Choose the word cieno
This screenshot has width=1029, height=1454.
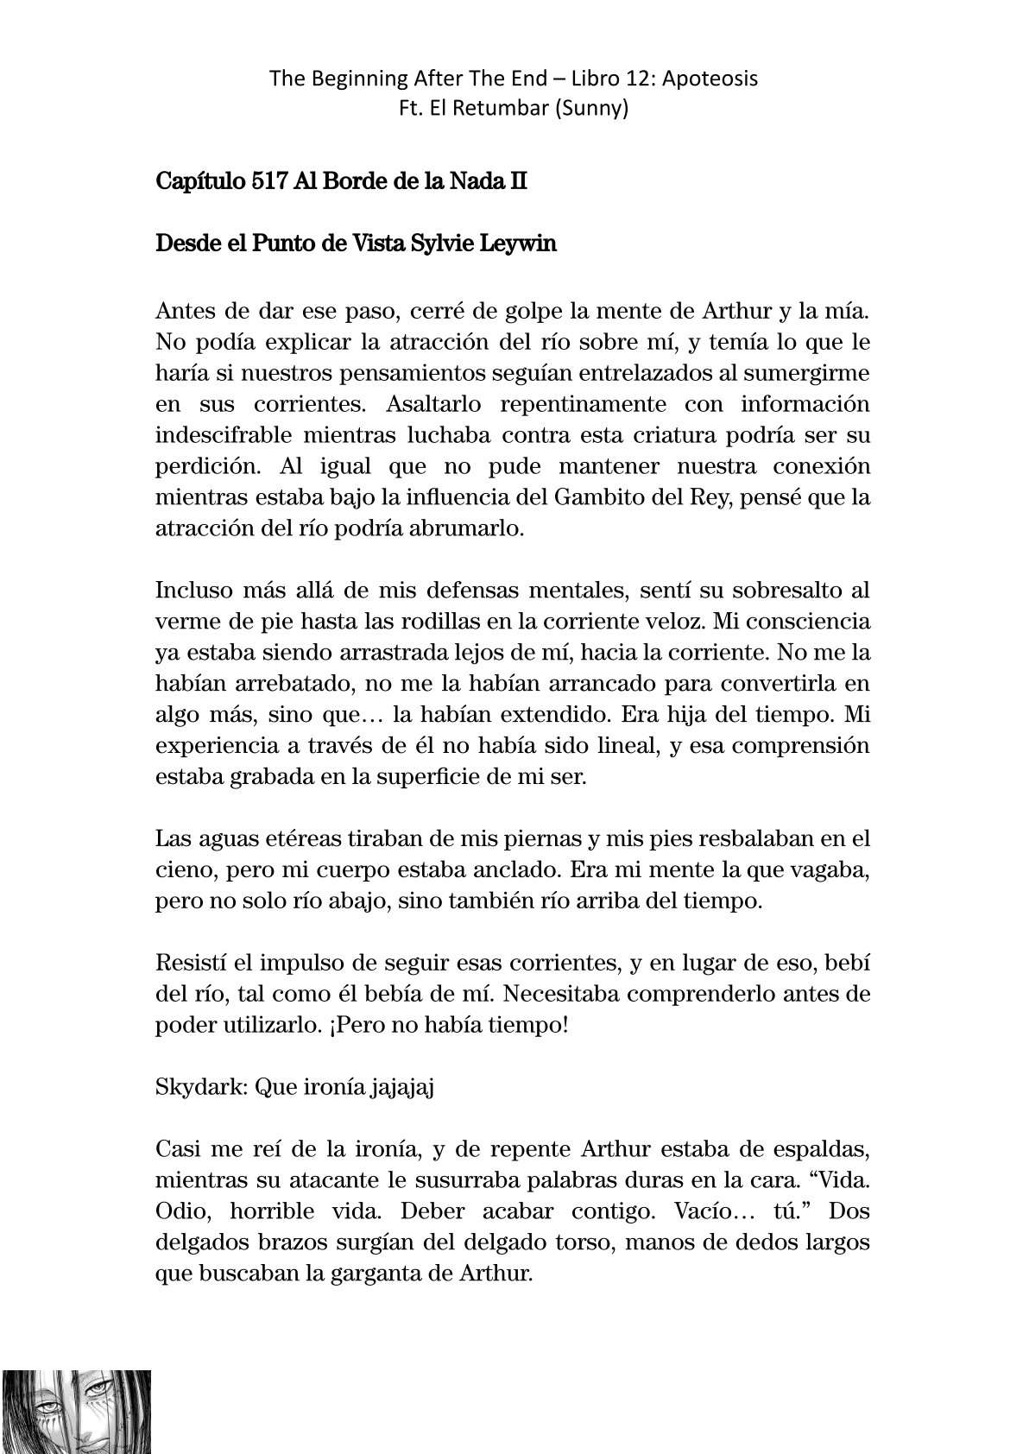(182, 870)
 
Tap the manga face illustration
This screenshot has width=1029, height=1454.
(76, 1411)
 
